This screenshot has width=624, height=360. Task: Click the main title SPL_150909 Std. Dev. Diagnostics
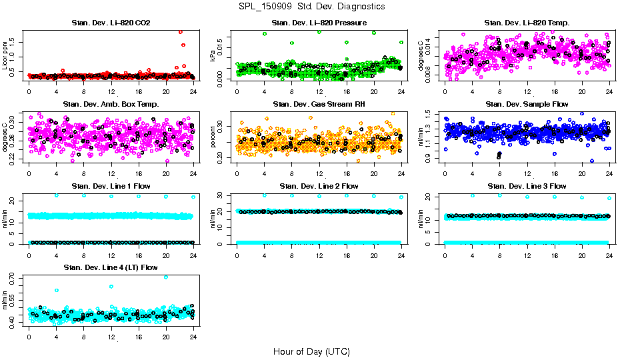[311, 7]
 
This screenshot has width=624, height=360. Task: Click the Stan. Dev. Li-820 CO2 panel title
[111, 23]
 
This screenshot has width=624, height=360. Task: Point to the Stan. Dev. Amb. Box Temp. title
[111, 104]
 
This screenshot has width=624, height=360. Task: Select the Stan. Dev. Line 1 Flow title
[111, 186]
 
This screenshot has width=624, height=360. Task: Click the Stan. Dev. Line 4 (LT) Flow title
[111, 267]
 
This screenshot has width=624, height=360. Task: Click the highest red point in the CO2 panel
[181, 31]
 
